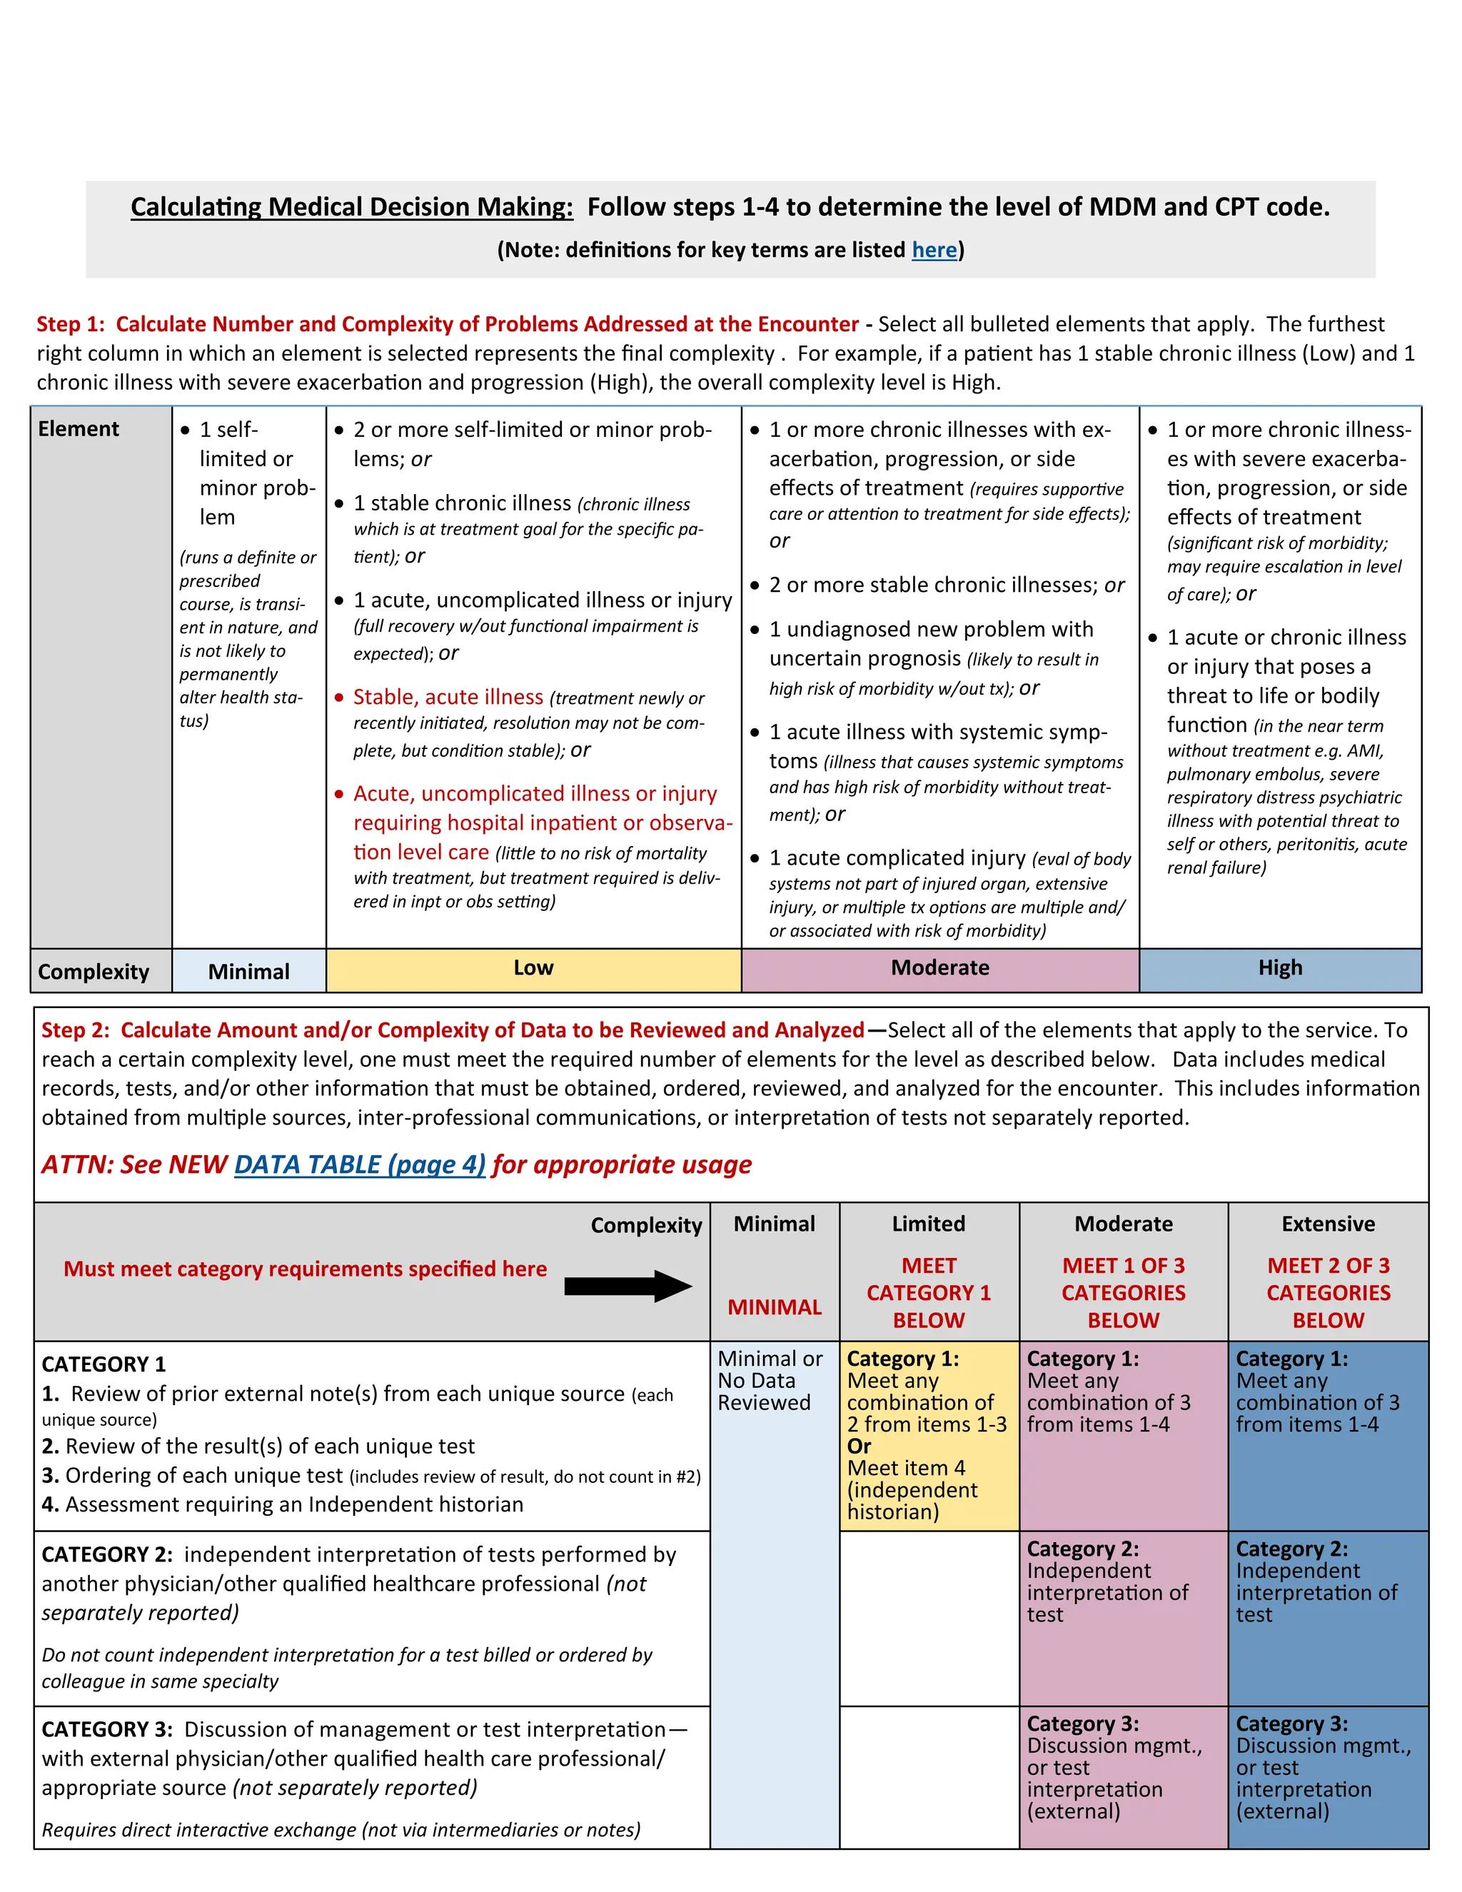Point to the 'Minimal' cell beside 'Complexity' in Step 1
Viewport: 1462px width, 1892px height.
click(x=248, y=971)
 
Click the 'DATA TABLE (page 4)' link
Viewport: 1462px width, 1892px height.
click(x=360, y=1164)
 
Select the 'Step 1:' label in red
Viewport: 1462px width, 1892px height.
click(x=70, y=324)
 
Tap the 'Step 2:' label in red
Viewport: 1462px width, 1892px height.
click(x=76, y=1030)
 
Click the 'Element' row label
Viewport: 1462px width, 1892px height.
click(x=79, y=429)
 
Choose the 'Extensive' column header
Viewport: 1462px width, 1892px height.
click(x=1328, y=1224)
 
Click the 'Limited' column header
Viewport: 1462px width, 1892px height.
click(x=929, y=1224)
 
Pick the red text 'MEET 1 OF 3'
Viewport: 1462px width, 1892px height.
click(x=1124, y=1266)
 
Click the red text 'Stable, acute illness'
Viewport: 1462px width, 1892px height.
click(x=448, y=697)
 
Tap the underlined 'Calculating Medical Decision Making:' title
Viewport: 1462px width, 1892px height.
click(x=352, y=207)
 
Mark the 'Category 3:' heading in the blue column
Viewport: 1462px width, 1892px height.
click(x=1291, y=1724)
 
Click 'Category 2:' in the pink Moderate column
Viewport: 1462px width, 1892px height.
click(x=1083, y=1549)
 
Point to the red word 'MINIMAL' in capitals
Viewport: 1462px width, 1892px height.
click(x=775, y=1307)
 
